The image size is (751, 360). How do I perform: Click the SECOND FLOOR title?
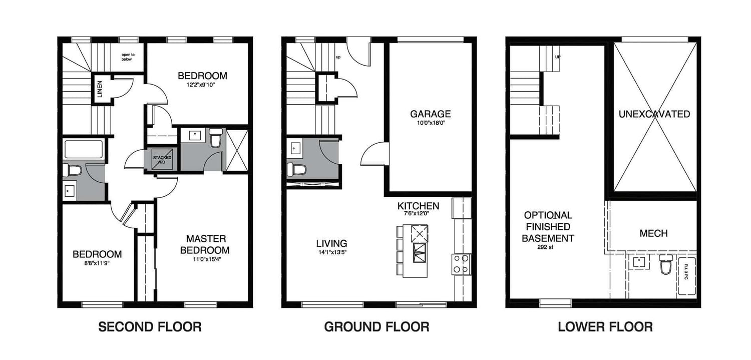(x=150, y=327)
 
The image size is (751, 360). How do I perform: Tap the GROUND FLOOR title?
(x=377, y=327)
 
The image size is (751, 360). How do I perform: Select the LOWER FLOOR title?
(x=605, y=327)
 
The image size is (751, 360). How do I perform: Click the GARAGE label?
(x=430, y=114)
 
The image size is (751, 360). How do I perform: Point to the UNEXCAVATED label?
(x=654, y=114)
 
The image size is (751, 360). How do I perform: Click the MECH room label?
(x=653, y=233)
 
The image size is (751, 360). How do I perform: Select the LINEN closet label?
(x=100, y=90)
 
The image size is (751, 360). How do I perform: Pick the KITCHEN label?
(x=418, y=206)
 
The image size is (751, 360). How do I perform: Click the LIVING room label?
(x=331, y=244)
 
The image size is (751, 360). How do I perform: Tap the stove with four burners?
(x=462, y=264)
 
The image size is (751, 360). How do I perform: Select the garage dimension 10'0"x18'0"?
(x=430, y=123)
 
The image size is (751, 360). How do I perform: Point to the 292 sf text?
(x=548, y=247)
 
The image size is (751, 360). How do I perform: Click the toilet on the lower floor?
(x=666, y=265)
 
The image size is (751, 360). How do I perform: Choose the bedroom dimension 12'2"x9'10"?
(x=202, y=85)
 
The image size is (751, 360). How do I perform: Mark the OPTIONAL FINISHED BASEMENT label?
(x=548, y=227)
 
